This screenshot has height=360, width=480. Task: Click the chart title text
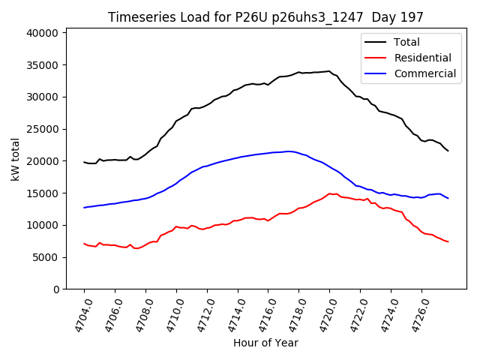click(x=265, y=17)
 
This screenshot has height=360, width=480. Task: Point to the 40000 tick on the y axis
click(x=42, y=33)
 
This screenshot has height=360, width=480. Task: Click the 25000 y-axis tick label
click(x=42, y=129)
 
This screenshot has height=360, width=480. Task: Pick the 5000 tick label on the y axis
click(x=45, y=257)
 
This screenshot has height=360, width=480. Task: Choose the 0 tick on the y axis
click(x=55, y=289)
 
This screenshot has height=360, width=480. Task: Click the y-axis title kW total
click(x=14, y=159)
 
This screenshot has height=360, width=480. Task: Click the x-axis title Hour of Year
click(x=265, y=343)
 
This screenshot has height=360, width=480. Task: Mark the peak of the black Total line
click(x=329, y=71)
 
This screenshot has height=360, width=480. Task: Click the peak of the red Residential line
click(x=329, y=193)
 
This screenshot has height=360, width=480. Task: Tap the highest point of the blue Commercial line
click(x=289, y=151)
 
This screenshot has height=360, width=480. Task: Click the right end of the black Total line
click(x=448, y=151)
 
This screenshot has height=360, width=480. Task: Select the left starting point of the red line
click(x=84, y=243)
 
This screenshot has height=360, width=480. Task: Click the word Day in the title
click(x=393, y=17)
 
